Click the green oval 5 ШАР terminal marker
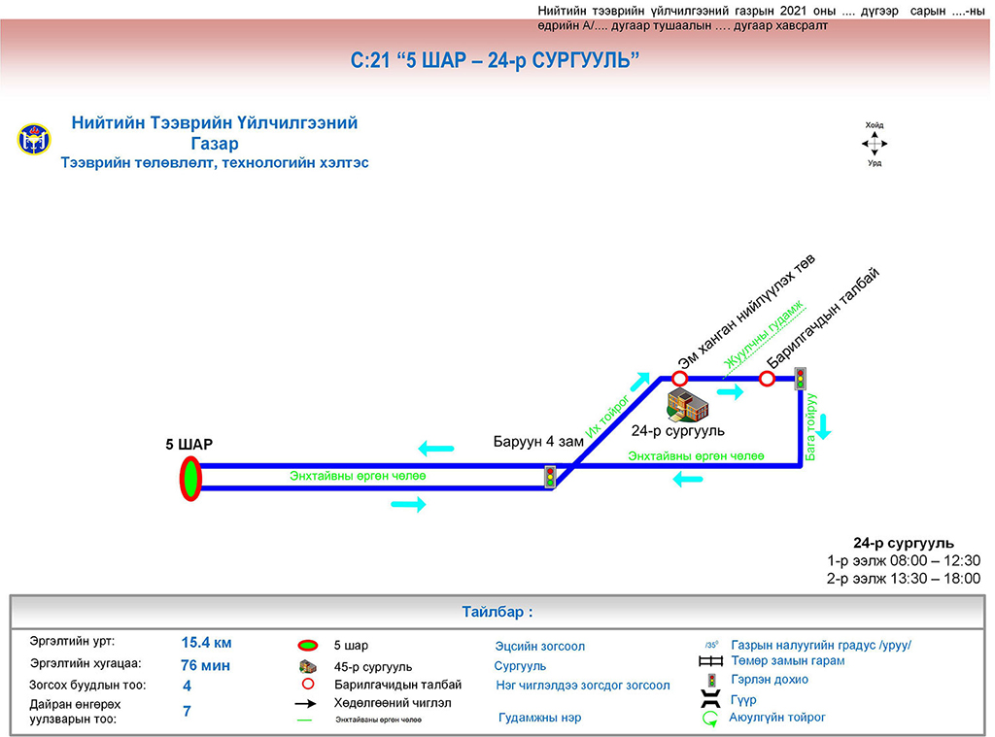click(x=189, y=478)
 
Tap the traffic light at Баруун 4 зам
click(x=550, y=477)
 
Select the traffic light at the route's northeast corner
click(x=801, y=378)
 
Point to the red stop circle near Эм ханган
click(x=680, y=378)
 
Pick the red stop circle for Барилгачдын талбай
click(x=767, y=378)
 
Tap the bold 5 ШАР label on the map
click(x=189, y=445)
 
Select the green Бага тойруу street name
click(x=811, y=426)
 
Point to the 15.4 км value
click(x=206, y=642)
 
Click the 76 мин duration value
click(x=205, y=665)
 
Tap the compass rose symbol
click(x=875, y=145)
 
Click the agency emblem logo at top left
click(x=33, y=139)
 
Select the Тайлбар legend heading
click(x=497, y=613)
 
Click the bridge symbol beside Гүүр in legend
click(x=710, y=699)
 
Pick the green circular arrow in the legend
click(x=710, y=719)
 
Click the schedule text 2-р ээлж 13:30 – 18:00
click(x=904, y=578)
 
